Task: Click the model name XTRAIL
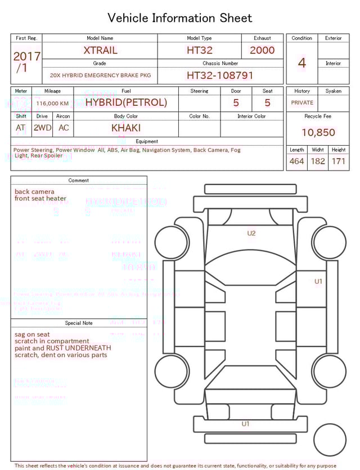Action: tap(100, 50)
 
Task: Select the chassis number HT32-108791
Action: tap(220, 75)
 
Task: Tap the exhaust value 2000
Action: tap(262, 50)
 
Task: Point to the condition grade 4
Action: tap(301, 63)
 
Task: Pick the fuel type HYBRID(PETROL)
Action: tap(126, 102)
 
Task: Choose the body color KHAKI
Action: tap(126, 128)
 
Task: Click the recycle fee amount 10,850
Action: tap(318, 133)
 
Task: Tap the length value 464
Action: tap(296, 162)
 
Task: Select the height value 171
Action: tap(338, 162)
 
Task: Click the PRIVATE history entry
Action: tap(302, 103)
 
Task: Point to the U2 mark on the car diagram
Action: tap(251, 233)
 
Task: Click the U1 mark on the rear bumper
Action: tap(245, 424)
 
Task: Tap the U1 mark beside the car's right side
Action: tap(318, 281)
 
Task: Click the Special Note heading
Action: tap(79, 323)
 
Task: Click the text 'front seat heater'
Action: tap(40, 199)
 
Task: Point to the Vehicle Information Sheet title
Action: tap(180, 18)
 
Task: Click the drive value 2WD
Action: tap(42, 128)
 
